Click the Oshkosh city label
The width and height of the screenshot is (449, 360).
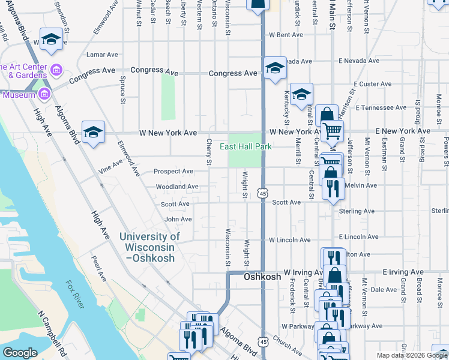(x=263, y=277)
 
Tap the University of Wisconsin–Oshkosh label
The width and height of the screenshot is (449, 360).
(x=147, y=247)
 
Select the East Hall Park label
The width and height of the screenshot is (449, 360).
(x=246, y=146)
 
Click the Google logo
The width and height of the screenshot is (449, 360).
(x=20, y=353)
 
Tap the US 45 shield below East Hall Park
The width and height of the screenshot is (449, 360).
(x=262, y=193)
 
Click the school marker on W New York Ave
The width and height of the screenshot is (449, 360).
(x=94, y=132)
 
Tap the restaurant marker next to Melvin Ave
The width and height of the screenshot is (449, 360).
(x=332, y=188)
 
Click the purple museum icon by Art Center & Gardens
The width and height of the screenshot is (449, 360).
(x=56, y=71)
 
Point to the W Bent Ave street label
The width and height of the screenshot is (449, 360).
(x=286, y=35)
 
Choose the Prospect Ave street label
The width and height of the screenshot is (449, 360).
(x=173, y=171)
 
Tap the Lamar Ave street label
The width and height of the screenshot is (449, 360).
(x=102, y=55)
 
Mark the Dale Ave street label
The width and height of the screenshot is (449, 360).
(x=384, y=289)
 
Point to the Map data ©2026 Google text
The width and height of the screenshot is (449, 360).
(x=412, y=355)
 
